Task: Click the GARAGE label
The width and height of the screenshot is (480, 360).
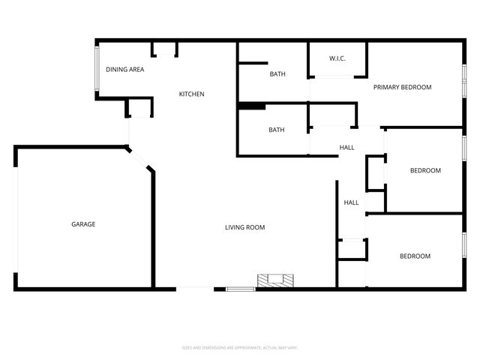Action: point(83,224)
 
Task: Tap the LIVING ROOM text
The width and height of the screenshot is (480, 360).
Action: point(245,227)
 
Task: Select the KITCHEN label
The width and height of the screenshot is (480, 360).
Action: point(191,94)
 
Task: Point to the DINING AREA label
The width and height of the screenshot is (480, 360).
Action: point(124,70)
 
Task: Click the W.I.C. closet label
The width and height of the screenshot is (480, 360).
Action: point(337,59)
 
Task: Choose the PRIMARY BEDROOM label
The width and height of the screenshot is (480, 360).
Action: point(403,88)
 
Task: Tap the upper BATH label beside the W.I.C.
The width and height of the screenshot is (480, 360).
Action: point(277,74)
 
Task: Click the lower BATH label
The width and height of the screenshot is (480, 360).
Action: point(277,130)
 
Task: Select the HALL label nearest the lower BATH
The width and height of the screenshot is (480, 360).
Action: point(346,148)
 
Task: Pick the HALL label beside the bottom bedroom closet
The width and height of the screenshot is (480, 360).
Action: point(351,203)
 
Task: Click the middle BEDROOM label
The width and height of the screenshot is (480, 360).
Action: point(425,171)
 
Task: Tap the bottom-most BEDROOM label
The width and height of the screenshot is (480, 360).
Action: point(415,256)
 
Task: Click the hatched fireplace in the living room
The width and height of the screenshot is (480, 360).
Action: point(276,281)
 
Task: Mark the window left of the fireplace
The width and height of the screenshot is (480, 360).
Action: point(241,289)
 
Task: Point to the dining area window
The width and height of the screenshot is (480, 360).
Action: point(96,70)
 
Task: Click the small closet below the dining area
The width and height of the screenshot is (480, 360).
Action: point(139,108)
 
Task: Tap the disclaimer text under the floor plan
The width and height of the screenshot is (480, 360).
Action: point(240,347)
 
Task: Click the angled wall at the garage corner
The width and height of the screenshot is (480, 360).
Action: point(140,159)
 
